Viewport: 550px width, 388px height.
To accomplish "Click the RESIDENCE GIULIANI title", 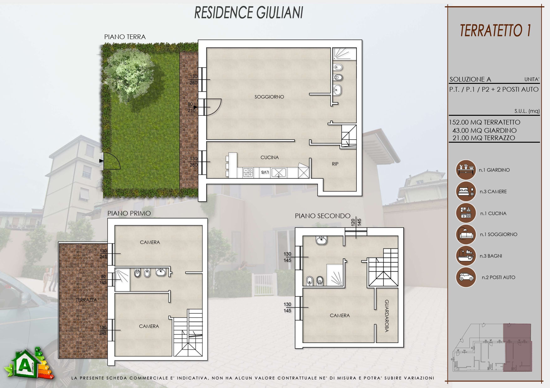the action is (x=249, y=13).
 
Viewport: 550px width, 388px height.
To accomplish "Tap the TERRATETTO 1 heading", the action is (x=495, y=31).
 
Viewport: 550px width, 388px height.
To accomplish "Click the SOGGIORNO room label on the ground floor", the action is (x=269, y=97).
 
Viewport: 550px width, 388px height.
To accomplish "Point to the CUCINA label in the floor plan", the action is (x=270, y=157).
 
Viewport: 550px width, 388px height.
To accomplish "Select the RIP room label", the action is (x=335, y=164).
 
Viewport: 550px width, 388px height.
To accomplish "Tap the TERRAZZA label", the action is (x=86, y=300).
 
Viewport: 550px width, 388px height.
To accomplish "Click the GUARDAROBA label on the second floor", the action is (x=387, y=316).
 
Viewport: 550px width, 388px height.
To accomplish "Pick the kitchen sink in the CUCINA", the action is (x=279, y=172).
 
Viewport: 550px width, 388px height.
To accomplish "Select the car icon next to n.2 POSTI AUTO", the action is (x=466, y=277).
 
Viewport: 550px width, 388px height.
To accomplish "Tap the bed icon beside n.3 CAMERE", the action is (x=466, y=191).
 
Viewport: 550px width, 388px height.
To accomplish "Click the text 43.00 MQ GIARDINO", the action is (x=485, y=130).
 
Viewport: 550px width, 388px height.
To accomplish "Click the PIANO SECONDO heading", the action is (x=322, y=216).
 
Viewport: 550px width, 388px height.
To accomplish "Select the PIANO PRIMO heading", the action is (x=129, y=213).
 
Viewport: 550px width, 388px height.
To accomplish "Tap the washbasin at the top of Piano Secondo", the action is (x=321, y=240).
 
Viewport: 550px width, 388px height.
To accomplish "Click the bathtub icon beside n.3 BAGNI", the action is (x=466, y=256).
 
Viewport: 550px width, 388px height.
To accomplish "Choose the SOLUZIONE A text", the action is (x=470, y=79).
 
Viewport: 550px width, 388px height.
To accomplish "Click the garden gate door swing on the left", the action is (x=112, y=161).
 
